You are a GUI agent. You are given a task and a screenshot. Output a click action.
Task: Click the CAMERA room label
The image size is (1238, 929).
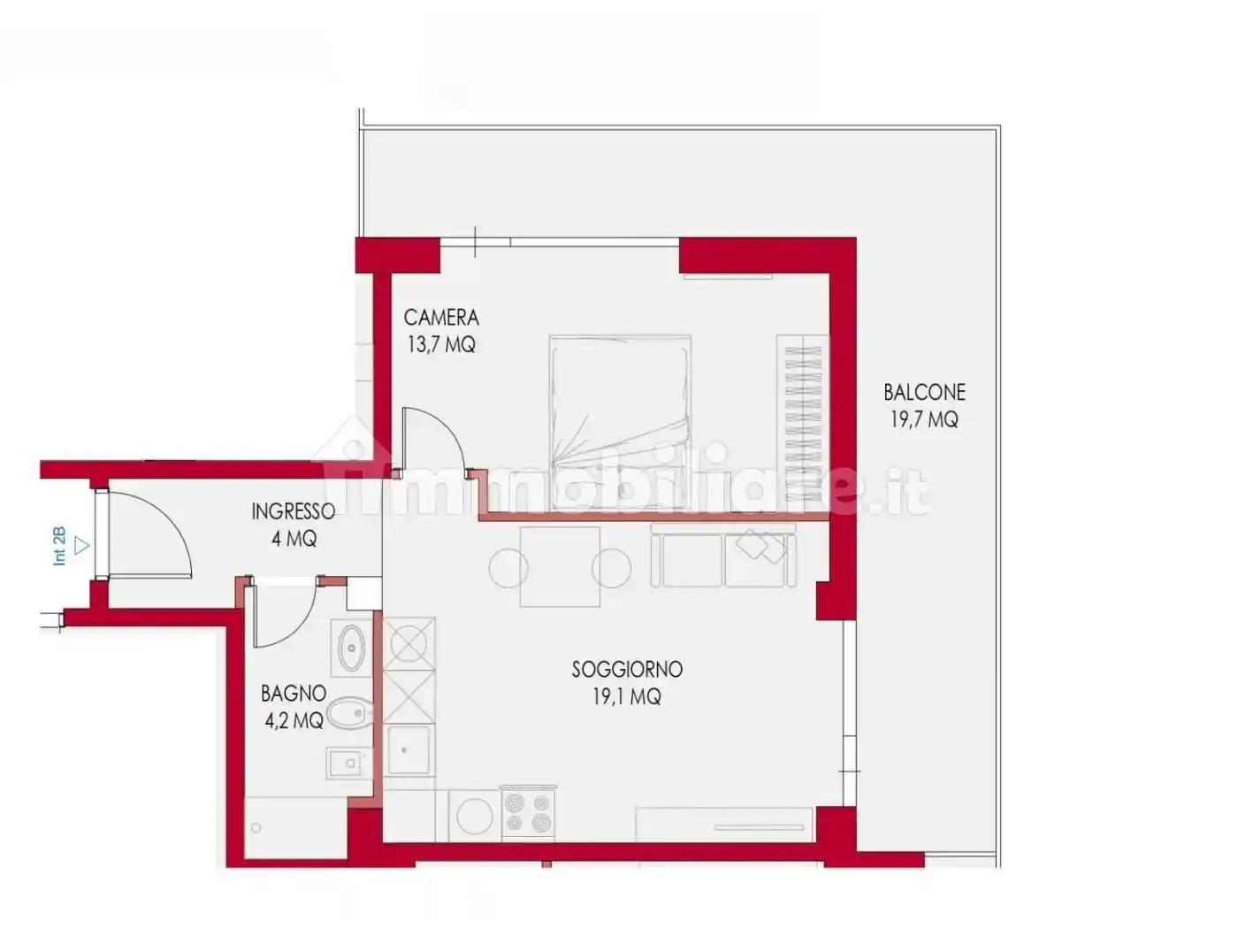click(441, 319)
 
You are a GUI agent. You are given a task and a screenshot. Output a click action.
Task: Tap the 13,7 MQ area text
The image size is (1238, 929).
click(441, 344)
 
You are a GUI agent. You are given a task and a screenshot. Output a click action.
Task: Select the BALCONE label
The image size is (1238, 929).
click(924, 393)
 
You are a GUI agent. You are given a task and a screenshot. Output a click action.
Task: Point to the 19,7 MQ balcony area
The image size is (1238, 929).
click(924, 419)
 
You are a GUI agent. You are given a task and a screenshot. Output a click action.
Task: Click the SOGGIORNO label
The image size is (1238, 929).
click(627, 670)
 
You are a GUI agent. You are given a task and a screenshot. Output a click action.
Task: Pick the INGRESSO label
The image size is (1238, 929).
click(294, 511)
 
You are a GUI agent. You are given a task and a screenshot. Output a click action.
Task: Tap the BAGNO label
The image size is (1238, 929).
click(294, 694)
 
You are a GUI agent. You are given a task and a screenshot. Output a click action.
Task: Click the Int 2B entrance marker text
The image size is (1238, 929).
click(60, 546)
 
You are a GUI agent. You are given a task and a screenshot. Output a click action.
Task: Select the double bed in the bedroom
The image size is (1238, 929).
click(621, 422)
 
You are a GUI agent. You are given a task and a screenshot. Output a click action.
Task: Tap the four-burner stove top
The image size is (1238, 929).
click(528, 813)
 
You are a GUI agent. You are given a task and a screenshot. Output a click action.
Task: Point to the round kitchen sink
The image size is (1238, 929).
click(475, 816)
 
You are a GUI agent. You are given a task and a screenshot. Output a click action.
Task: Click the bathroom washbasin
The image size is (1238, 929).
click(351, 648)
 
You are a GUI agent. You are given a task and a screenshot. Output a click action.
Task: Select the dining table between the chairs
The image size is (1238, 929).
click(560, 567)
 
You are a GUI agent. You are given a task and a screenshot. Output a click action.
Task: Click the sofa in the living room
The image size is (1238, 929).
click(723, 556)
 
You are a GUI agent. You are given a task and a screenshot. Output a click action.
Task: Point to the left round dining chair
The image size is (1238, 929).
click(508, 569)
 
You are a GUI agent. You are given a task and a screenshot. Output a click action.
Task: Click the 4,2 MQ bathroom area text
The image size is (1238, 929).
click(294, 719)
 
